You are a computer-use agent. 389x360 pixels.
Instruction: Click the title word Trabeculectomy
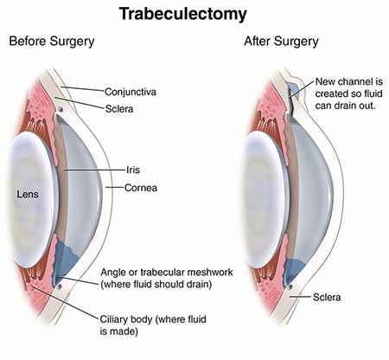tap(183, 15)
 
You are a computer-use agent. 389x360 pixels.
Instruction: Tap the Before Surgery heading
tap(52, 42)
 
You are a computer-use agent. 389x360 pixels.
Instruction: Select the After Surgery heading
tap(281, 42)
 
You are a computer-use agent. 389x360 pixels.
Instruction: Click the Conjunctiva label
tap(131, 92)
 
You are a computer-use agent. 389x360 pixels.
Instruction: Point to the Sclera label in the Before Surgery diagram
tap(119, 109)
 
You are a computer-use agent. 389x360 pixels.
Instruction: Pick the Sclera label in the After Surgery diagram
tap(327, 298)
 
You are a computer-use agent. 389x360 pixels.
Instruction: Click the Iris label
tap(133, 170)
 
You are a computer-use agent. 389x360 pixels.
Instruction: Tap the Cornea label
tap(141, 188)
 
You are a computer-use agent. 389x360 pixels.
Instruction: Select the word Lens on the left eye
tap(28, 195)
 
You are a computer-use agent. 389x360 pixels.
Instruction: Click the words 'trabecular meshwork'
tap(187, 273)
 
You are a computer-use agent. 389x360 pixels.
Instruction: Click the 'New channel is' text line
tap(349, 81)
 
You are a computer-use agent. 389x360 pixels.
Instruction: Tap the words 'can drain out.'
tap(346, 106)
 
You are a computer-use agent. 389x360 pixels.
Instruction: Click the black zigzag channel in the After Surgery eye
tap(291, 102)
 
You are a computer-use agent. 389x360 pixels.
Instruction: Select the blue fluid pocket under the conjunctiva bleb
tap(293, 90)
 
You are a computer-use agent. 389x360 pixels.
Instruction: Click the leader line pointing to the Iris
tap(95, 170)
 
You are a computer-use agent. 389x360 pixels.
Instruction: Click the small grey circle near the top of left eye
tap(61, 109)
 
